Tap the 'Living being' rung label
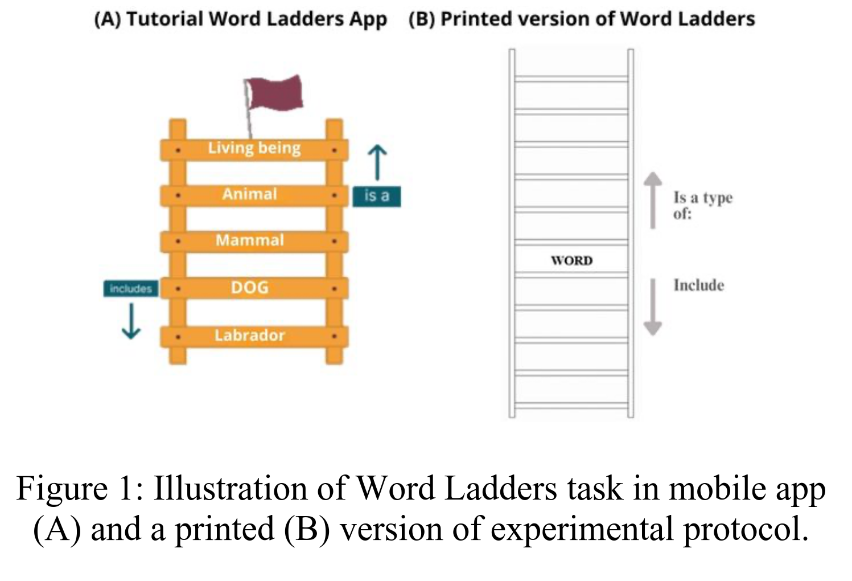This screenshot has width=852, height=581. pos(254,148)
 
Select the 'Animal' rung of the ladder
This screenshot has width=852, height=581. pos(250,194)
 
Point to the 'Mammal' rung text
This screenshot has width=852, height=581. pos(250,240)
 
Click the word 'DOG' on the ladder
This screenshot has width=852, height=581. pos(250,288)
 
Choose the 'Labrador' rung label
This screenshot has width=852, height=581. pos(250,335)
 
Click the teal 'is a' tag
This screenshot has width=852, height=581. pos(376,196)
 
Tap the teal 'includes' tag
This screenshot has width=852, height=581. pos(130,289)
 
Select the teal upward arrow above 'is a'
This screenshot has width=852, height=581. pos(377,162)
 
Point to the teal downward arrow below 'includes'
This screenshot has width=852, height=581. pos(131,321)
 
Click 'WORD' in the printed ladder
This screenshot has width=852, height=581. pos(571,261)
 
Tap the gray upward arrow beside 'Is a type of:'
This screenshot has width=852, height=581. pos(653,199)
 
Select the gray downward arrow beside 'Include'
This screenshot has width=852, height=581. pos(653,308)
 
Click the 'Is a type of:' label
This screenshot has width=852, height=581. pos(702,205)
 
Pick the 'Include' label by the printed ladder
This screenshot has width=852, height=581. pos(698,285)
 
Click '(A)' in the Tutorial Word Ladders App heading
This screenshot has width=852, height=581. pos(108,19)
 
